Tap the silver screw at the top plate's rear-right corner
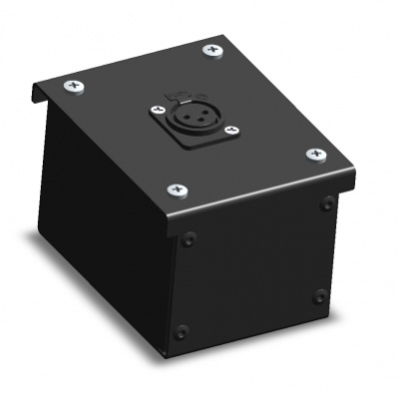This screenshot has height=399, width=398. point(212,50)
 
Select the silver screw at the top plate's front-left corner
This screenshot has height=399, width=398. point(176,189)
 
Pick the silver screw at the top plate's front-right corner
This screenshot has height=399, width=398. point(316,155)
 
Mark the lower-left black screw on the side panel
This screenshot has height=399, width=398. point(181,331)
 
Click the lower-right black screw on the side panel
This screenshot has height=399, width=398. point(319,295)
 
